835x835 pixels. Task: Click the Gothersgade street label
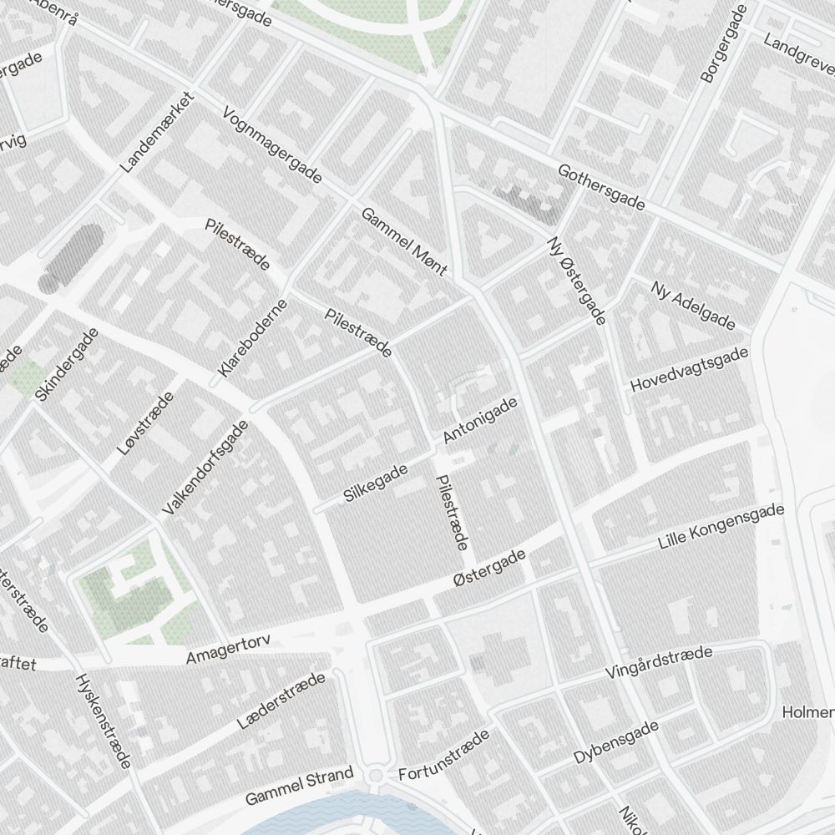pyautogui.click(x=601, y=189)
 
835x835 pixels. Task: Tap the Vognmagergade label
pyautogui.click(x=273, y=146)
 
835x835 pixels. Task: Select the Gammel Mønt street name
pyautogui.click(x=405, y=243)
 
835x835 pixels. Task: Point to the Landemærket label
pyautogui.click(x=156, y=132)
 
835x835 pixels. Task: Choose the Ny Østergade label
pyautogui.click(x=575, y=281)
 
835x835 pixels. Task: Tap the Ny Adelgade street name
pyautogui.click(x=692, y=306)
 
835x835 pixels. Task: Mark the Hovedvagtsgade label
pyautogui.click(x=689, y=371)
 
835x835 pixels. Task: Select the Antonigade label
pyautogui.click(x=480, y=420)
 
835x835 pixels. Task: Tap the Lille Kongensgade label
pyautogui.click(x=721, y=527)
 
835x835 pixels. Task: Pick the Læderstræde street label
pyautogui.click(x=281, y=699)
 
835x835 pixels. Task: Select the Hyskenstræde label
pyautogui.click(x=104, y=721)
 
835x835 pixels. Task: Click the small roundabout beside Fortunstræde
pyautogui.click(x=375, y=777)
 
